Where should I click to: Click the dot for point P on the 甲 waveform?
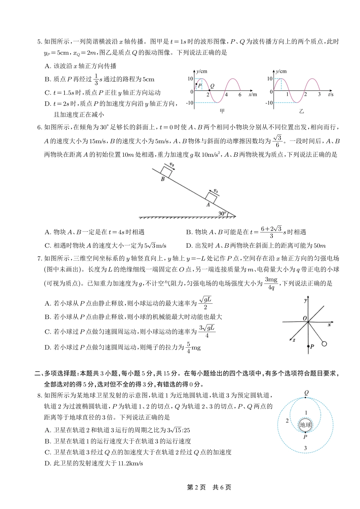pos(196,84)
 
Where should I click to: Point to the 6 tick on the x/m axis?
pos(240,95)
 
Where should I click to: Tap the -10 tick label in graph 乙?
pos(269,103)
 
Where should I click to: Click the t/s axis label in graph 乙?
pos(331,94)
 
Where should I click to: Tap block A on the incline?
pos(211,197)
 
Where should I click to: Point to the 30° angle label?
pos(222,214)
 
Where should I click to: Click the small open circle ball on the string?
pos(324,344)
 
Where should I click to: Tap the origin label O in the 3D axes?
pos(304,319)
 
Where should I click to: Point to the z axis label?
pos(294,340)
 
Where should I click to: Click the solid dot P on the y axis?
pos(308,346)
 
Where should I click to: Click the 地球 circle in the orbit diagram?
pos(305,425)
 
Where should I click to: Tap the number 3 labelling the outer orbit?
pos(305,448)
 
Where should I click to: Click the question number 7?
pos(39,259)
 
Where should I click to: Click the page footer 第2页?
pos(196,487)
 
